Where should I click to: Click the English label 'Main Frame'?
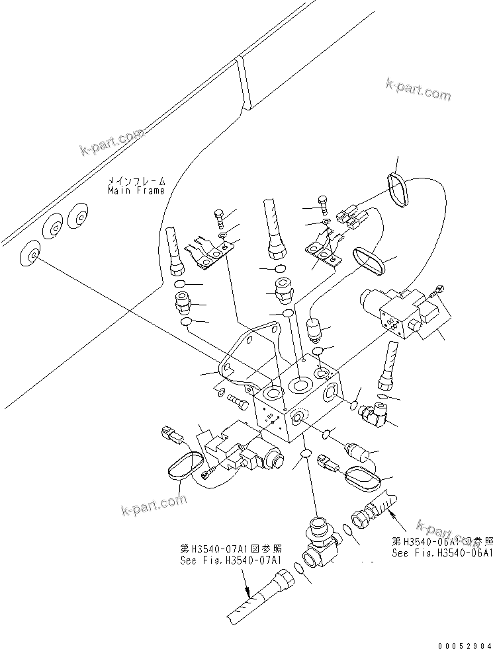coord(136,190)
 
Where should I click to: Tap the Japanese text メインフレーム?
coord(136,180)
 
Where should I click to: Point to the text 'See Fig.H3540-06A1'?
coord(441,553)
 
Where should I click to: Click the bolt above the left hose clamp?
coord(220,217)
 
